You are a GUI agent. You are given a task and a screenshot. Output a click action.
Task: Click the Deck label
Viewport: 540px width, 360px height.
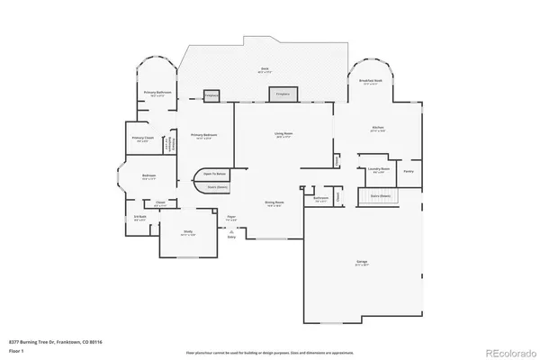coord(265,69)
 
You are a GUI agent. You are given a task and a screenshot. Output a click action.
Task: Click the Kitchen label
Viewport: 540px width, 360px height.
coord(378,129)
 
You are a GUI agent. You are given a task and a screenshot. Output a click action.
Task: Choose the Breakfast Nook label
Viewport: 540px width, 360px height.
coord(366,81)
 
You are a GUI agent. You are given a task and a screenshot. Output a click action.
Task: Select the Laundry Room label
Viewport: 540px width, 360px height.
coord(378,168)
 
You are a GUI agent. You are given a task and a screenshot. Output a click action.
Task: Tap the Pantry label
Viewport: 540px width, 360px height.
coord(408,170)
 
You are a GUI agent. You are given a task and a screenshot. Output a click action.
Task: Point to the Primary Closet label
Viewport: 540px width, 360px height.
coord(142,139)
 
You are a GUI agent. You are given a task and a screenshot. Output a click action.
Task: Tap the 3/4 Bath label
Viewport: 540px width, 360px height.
coord(140,218)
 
